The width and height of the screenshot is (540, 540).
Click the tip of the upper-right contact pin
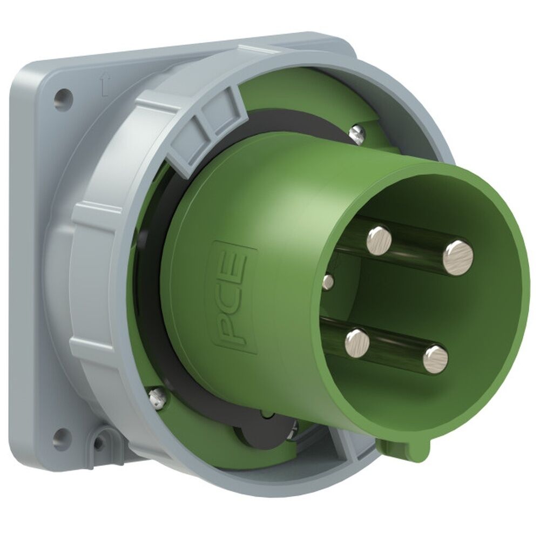click(x=458, y=257)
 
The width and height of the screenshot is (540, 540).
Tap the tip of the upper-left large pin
click(x=379, y=240)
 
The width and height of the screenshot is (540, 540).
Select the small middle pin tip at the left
click(x=327, y=281)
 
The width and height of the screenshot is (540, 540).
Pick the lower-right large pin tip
click(x=435, y=359)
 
